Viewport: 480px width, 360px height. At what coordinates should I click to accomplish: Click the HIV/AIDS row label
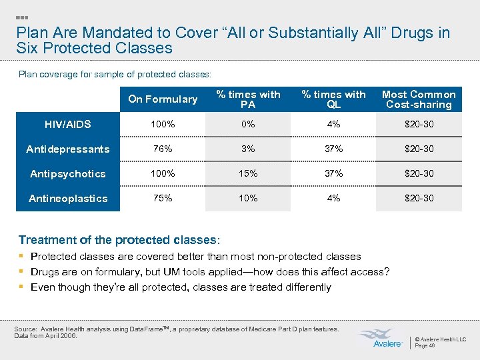coord(67,124)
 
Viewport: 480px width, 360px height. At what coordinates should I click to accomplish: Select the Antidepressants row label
coord(67,149)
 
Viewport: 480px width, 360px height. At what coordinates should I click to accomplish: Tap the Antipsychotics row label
coord(67,173)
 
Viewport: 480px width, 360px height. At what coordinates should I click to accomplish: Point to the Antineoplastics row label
coord(67,198)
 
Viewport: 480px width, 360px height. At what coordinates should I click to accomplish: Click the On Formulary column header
coord(163,99)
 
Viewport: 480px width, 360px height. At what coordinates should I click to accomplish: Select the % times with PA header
coord(249,99)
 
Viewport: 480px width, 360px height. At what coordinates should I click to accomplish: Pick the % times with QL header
coord(333,99)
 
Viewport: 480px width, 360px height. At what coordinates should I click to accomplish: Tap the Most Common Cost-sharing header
coord(419,99)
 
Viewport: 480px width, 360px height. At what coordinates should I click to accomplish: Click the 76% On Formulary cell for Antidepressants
coord(163,149)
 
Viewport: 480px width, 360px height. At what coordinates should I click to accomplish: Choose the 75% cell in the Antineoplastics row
coord(163,198)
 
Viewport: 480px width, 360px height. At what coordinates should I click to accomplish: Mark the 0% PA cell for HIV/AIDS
coord(249,124)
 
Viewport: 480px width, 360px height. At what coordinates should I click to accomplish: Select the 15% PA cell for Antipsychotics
coord(249,173)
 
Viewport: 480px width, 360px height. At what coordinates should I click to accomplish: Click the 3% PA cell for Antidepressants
coord(249,149)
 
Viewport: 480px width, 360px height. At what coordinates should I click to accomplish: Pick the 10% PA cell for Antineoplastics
coord(249,198)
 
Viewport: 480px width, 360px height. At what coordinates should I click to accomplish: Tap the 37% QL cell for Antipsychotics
coord(333,173)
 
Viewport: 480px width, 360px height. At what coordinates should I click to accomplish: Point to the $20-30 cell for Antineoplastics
coord(419,198)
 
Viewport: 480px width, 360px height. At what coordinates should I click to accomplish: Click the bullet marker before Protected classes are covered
coord(22,257)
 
